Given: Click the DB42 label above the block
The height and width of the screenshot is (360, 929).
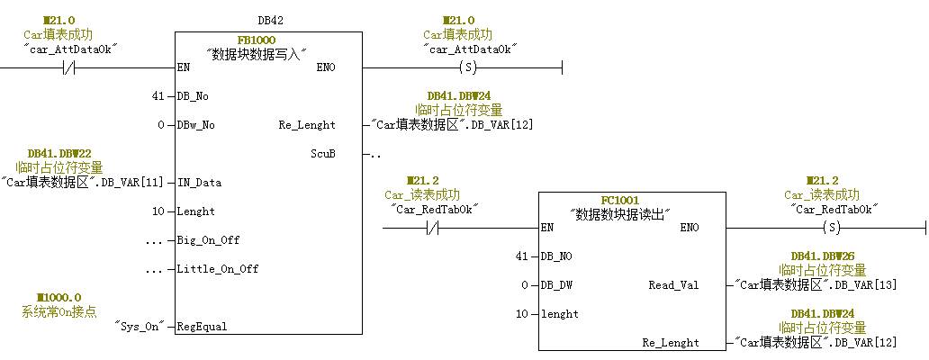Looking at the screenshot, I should pyautogui.click(x=270, y=20).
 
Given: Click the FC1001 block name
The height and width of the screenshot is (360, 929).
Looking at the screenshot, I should pyautogui.click(x=619, y=200).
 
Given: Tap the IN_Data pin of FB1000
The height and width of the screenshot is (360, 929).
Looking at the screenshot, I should pyautogui.click(x=201, y=183).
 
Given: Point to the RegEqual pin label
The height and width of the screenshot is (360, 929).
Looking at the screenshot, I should pyautogui.click(x=203, y=327).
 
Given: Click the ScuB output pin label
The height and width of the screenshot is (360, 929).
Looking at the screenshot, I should pyautogui.click(x=323, y=153).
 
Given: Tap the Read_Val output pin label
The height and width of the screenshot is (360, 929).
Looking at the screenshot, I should pyautogui.click(x=673, y=285).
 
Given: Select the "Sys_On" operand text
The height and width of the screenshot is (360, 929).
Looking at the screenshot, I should pyautogui.click(x=139, y=327).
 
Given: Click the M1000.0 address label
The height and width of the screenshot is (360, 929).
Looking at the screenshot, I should pyautogui.click(x=59, y=297).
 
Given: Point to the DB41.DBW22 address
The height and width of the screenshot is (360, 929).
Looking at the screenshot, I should pyautogui.click(x=59, y=154).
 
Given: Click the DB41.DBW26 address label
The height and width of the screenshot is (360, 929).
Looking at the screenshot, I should pyautogui.click(x=823, y=256).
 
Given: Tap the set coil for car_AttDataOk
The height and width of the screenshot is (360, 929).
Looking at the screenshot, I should pyautogui.click(x=467, y=67).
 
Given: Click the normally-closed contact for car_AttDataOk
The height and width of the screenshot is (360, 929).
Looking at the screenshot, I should pyautogui.click(x=71, y=67).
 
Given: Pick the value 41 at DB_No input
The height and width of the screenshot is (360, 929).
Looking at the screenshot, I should pyautogui.click(x=158, y=96).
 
